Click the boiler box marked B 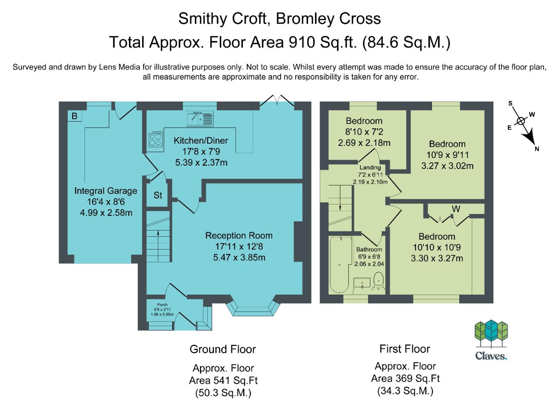pyautogui.click(x=75, y=116)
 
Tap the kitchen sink pyautogui.click(x=200, y=118)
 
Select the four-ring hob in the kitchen pyautogui.click(x=155, y=139)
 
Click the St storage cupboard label pyautogui.click(x=158, y=195)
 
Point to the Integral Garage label pyautogui.click(x=106, y=191)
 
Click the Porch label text pyautogui.click(x=162, y=305)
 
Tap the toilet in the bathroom pyautogui.click(x=379, y=281)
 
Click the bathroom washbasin pyautogui.click(x=362, y=283)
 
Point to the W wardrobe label pyautogui.click(x=456, y=209)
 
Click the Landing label pyautogui.click(x=370, y=168)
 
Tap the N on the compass pyautogui.click(x=537, y=149)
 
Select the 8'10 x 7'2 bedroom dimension pyautogui.click(x=364, y=132)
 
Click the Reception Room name pyautogui.click(x=239, y=236)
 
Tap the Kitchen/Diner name pyautogui.click(x=201, y=141)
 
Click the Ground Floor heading pyautogui.click(x=223, y=349)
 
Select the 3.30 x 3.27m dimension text pyautogui.click(x=437, y=258)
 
